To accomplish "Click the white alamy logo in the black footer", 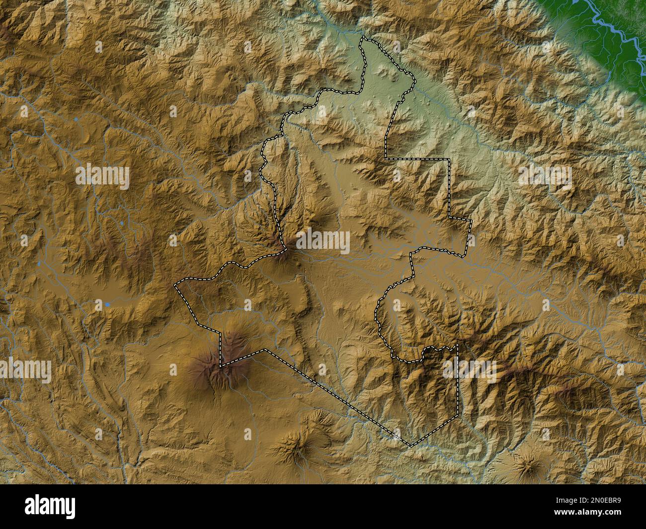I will pyautogui.click(x=50, y=506).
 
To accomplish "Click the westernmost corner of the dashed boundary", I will pyautogui.click(x=175, y=287).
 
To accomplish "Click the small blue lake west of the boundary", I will pyautogui.click(x=107, y=303).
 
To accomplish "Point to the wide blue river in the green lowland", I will pyautogui.click(x=611, y=30).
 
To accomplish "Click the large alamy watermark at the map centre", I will pyautogui.click(x=323, y=242).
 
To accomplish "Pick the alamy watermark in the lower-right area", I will pyautogui.click(x=470, y=370).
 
